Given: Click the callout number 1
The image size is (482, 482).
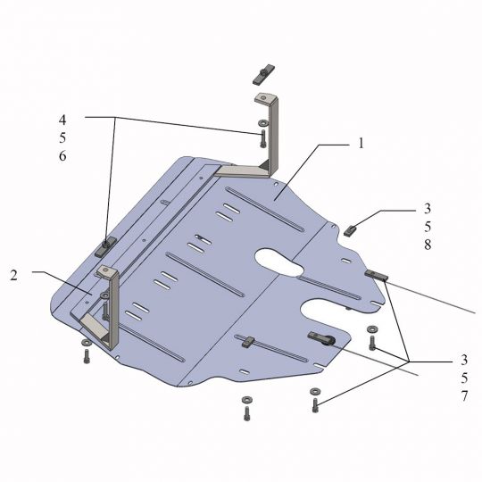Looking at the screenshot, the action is point(361,143).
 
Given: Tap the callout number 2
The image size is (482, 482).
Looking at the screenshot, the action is point(13,275).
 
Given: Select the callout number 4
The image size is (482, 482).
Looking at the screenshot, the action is point(62,120).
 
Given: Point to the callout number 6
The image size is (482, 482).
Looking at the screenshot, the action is point(62,156).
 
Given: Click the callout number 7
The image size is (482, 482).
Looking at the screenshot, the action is point(464,396).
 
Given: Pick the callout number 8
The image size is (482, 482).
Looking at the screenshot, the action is point(428,245).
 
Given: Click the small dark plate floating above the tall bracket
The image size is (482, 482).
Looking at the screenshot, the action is point(263,75).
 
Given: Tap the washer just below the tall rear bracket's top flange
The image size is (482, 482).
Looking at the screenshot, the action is point(262,123).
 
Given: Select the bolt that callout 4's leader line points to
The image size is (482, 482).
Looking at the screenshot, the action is point(262,139).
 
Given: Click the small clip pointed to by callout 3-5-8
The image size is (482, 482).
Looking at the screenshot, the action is point(350,231).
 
